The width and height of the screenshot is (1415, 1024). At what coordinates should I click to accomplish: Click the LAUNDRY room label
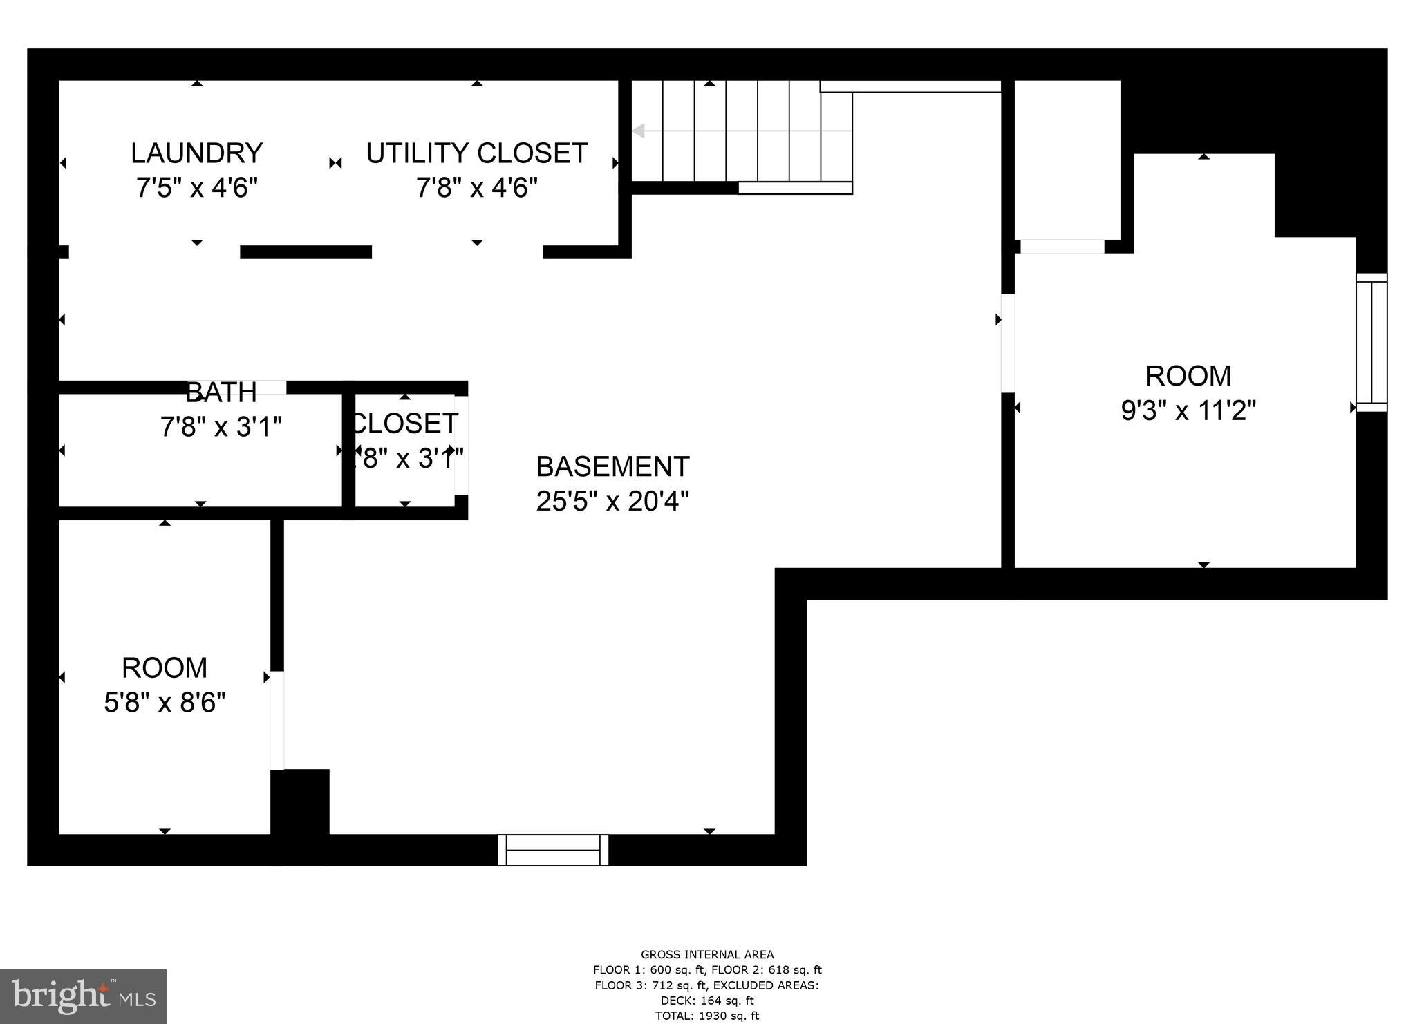point(197,153)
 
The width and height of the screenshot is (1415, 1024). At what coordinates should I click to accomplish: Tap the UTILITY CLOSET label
point(476,153)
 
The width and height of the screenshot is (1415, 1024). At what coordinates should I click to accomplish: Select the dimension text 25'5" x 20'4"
point(612,500)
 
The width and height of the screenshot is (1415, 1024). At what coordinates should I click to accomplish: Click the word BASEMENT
point(612,466)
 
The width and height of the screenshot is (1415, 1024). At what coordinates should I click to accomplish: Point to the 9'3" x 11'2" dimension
point(1188,410)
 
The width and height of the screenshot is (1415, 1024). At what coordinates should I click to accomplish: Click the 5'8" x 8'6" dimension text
point(165,703)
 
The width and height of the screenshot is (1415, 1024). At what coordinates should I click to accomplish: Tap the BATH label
point(221,392)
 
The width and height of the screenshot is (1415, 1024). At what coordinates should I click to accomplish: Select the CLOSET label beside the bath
point(405,423)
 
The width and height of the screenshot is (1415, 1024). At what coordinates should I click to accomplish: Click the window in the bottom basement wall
point(553,850)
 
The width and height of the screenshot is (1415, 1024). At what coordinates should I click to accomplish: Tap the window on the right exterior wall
point(1371,343)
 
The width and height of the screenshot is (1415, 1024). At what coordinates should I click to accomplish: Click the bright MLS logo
point(83,996)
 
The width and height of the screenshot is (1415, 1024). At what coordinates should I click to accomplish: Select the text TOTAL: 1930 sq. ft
point(707,1016)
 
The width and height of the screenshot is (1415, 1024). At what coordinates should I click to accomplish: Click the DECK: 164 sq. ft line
point(707,1001)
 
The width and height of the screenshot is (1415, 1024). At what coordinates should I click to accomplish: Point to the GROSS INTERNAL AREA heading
point(707,955)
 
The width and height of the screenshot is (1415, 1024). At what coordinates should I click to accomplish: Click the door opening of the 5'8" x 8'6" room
point(277,720)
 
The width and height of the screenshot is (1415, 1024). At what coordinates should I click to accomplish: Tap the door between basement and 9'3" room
point(1008,343)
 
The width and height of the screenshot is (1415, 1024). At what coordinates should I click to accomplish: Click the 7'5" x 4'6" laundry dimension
point(197,187)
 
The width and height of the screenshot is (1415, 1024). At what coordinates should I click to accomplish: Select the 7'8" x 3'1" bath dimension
point(221,427)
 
